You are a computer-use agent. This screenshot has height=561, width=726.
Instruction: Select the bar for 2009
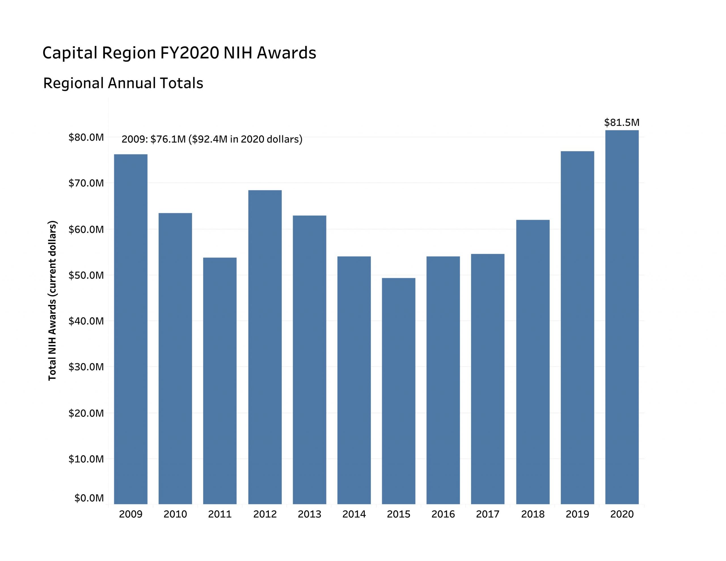click(131, 329)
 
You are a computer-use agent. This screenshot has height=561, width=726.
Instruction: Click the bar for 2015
click(398, 391)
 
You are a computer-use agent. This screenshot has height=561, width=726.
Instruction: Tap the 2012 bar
click(265, 347)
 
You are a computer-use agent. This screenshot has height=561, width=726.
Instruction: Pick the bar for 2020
click(622, 317)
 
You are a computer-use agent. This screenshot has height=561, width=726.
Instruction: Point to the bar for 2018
click(533, 362)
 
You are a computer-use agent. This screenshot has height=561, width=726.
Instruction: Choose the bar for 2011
click(220, 381)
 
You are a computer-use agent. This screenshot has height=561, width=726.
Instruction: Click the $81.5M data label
click(622, 123)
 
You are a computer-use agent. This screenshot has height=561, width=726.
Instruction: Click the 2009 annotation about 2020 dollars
click(212, 139)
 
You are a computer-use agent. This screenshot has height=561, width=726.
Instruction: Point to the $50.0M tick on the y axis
click(86, 275)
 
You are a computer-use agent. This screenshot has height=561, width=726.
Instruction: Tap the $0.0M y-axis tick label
click(89, 498)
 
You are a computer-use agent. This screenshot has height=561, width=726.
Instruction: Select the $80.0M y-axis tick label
click(86, 137)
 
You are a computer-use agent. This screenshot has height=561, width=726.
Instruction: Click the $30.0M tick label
click(86, 367)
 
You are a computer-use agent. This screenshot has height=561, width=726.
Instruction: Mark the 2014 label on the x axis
click(354, 514)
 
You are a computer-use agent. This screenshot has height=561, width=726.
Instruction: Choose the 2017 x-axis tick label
click(488, 514)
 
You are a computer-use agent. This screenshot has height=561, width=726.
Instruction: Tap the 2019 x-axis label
click(577, 514)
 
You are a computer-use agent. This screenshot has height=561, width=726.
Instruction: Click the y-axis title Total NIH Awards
click(52, 301)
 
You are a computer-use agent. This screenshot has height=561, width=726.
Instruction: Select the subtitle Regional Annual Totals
click(123, 83)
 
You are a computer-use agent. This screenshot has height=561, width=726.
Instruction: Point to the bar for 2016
click(443, 380)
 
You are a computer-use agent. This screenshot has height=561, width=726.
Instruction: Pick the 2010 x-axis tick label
click(175, 514)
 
